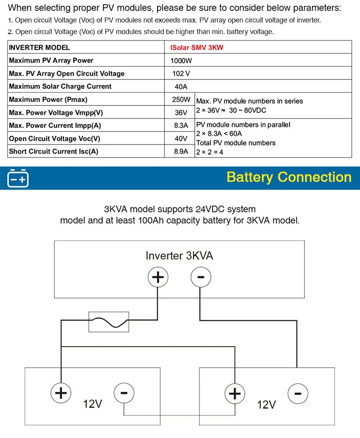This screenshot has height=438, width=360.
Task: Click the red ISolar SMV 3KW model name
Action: click(x=197, y=48)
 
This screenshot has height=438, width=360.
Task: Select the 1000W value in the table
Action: click(x=180, y=61)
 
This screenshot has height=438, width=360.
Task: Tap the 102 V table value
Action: click(x=181, y=74)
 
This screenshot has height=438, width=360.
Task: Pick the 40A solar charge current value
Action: click(x=181, y=87)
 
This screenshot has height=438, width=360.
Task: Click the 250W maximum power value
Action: click(x=181, y=100)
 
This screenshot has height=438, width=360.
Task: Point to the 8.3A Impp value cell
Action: click(x=181, y=126)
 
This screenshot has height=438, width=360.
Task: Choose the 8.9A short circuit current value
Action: click(x=181, y=152)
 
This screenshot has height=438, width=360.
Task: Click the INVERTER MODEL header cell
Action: click(x=39, y=48)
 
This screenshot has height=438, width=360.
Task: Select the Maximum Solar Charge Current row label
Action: click(x=60, y=86)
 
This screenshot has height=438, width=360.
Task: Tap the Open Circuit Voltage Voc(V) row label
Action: click(x=55, y=139)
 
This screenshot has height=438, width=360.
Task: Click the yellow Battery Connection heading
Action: click(x=289, y=177)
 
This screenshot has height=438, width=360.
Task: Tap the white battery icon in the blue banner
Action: click(x=18, y=178)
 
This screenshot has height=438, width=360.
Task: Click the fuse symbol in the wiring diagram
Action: click(x=109, y=321)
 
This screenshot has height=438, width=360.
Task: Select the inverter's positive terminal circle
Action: click(x=158, y=277)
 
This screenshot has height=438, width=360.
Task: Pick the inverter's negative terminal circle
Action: click(x=201, y=277)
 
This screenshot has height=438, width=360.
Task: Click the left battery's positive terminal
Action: click(x=60, y=393)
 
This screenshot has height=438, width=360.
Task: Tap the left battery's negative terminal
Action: click(x=123, y=393)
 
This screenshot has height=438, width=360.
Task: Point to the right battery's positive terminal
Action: click(x=234, y=394)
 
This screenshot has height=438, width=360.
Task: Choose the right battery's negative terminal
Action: click(x=297, y=394)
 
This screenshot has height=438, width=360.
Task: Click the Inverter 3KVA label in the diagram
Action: click(x=179, y=255)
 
